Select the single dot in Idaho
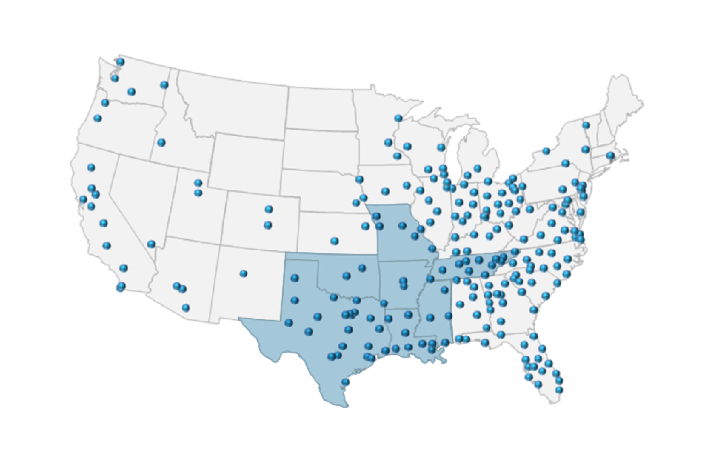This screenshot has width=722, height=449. click(x=161, y=142)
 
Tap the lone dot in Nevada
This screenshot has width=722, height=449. click(x=151, y=244)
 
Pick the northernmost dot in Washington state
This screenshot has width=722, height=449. click(x=120, y=62)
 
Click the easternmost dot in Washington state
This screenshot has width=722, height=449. click(x=164, y=85)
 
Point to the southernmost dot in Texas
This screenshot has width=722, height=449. click(x=345, y=382)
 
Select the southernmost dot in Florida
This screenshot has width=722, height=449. click(x=559, y=389)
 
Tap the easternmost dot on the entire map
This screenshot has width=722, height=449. click(x=610, y=155)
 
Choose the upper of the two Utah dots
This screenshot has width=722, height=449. click(x=198, y=183)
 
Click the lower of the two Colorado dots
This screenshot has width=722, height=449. click(x=268, y=225)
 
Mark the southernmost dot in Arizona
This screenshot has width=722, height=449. click(x=186, y=308)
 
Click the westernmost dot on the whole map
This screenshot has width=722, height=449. click(x=83, y=199)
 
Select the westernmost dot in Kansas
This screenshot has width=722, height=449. click(x=334, y=241)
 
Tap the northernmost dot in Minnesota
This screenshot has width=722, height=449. click(x=398, y=118)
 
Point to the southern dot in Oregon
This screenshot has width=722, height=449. click(x=97, y=118)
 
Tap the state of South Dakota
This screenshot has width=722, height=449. click(x=321, y=151)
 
